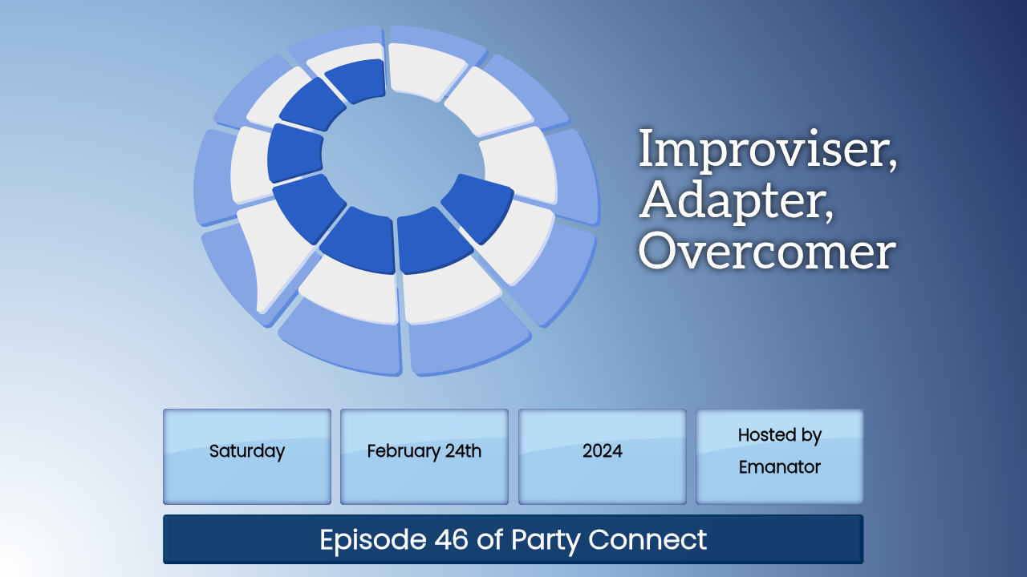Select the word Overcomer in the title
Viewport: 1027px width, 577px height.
coord(766,252)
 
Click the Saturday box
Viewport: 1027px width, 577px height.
coord(247,457)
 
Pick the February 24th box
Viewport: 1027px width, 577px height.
coord(424,457)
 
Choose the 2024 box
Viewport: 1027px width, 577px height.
coord(603,457)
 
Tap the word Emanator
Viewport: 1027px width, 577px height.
coord(779,467)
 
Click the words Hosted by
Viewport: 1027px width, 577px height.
coord(779,435)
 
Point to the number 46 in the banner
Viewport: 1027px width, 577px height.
coord(451,539)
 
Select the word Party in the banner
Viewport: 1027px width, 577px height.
coord(546,540)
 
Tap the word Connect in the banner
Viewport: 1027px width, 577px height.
coord(647,539)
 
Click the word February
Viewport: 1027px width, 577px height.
coord(403,452)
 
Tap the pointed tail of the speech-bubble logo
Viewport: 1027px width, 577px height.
coord(261,308)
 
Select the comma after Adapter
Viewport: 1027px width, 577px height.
coord(829,217)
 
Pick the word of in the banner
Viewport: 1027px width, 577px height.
coord(490,539)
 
